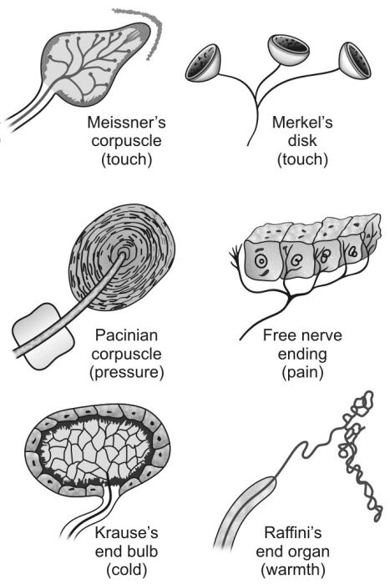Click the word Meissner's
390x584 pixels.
[126, 122]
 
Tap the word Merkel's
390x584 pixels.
[302, 122]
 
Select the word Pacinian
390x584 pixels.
[126, 335]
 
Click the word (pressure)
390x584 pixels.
[126, 372]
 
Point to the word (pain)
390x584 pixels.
[302, 372]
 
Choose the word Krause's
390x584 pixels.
[126, 532]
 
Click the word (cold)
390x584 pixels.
[126, 570]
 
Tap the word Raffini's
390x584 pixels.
[292, 532]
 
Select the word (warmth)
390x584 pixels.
[292, 570]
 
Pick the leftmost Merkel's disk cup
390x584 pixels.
[204, 63]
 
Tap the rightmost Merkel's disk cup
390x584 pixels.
[355, 60]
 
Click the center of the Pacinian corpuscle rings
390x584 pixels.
[122, 255]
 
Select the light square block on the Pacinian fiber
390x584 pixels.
[43, 336]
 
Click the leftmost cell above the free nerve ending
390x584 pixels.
[263, 261]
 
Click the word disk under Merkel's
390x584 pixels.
[302, 141]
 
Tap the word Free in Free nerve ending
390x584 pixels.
[278, 335]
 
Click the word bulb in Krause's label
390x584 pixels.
[142, 551]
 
